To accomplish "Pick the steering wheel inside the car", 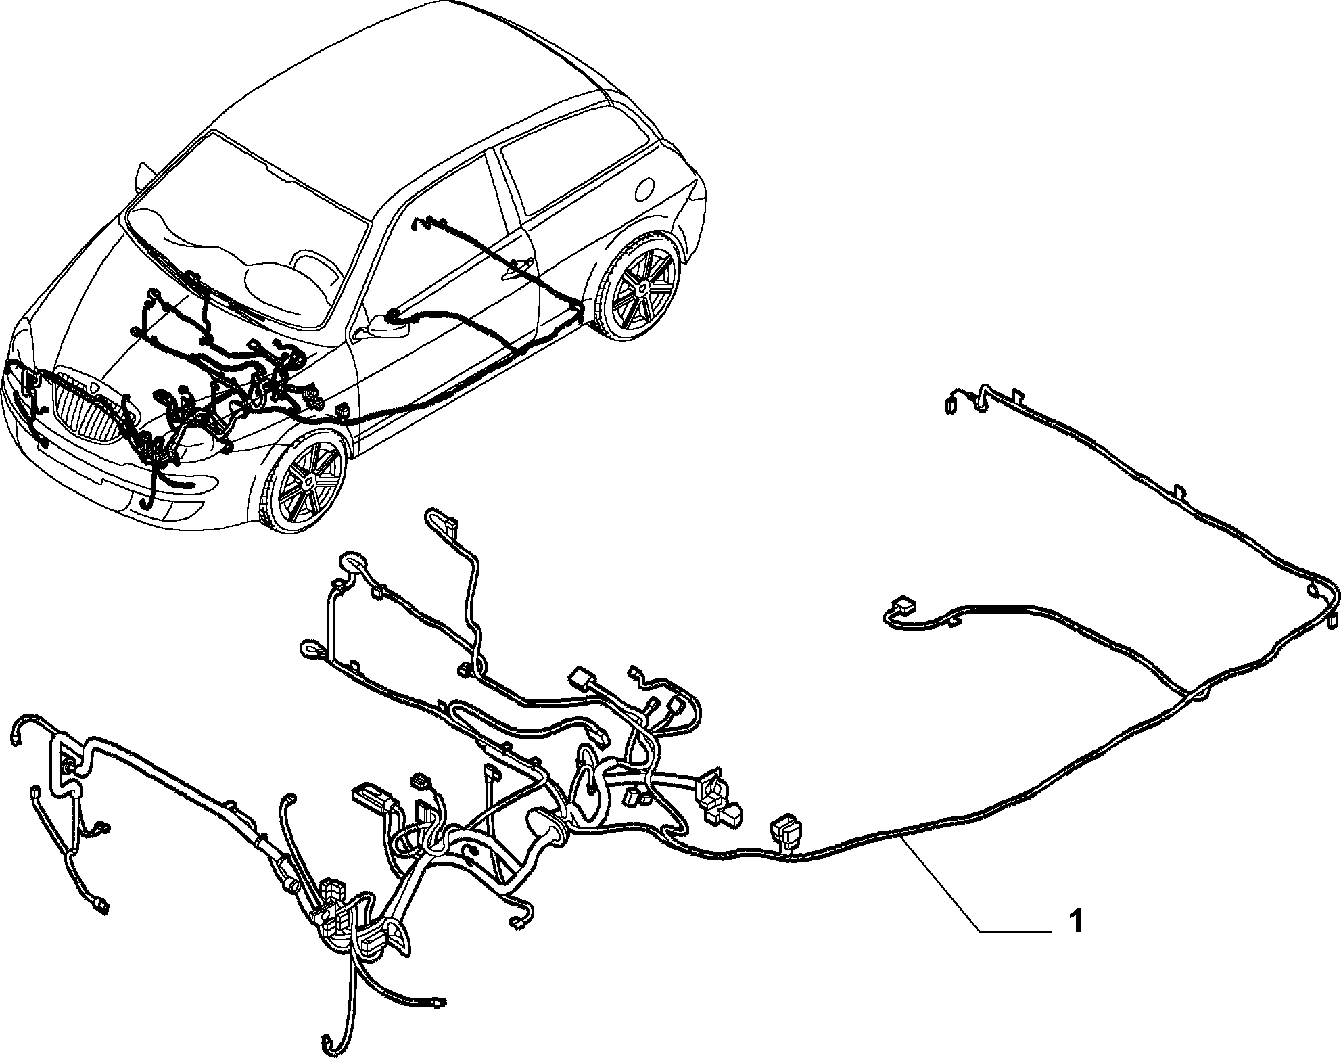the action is tap(312, 268).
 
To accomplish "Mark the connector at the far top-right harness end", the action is tap(950, 404).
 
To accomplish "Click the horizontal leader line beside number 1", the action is tap(1015, 932).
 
